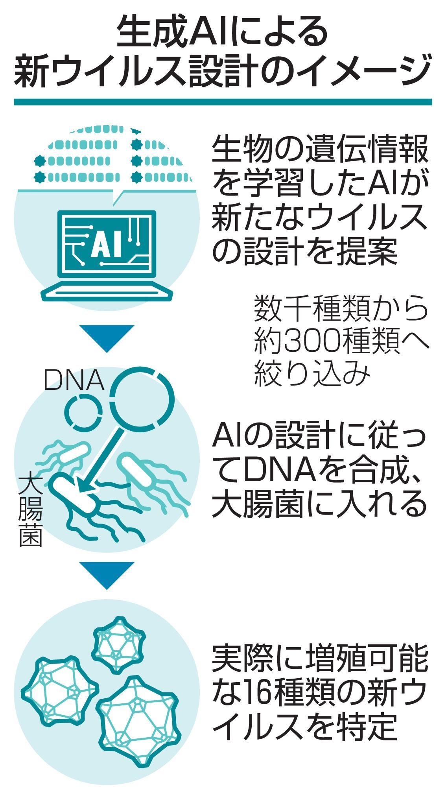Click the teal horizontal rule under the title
point(223,101)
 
